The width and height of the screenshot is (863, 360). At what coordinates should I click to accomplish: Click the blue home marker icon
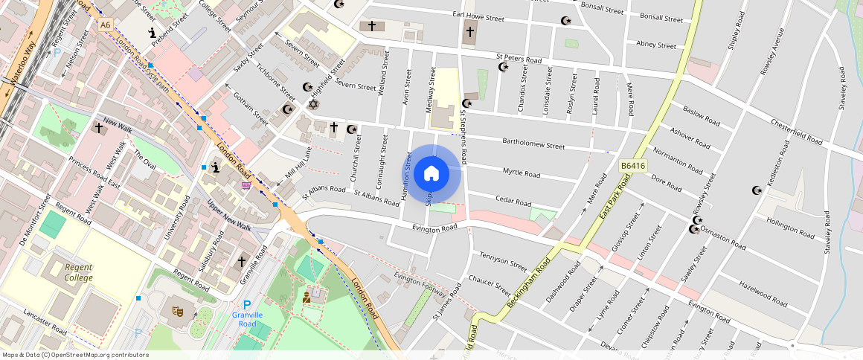tap(431, 174)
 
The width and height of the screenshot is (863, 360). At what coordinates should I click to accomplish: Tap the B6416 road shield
tap(632, 167)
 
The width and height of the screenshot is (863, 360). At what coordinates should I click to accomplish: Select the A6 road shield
tap(106, 25)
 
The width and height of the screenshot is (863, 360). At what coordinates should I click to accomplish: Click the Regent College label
tap(78, 272)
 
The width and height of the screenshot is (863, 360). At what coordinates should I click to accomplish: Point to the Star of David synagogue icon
tap(312, 103)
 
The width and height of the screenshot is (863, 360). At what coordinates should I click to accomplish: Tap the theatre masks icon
tap(179, 310)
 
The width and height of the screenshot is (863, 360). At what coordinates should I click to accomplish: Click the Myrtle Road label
tap(521, 173)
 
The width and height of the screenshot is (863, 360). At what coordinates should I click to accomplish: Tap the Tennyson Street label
tap(503, 260)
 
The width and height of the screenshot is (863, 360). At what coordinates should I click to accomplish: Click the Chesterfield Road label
tap(797, 131)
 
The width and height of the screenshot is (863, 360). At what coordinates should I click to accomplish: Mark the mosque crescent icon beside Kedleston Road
tap(758, 190)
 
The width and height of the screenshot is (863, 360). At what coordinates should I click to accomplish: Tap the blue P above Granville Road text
tap(247, 303)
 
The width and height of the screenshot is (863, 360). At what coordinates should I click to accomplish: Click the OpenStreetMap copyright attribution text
tap(74, 355)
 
